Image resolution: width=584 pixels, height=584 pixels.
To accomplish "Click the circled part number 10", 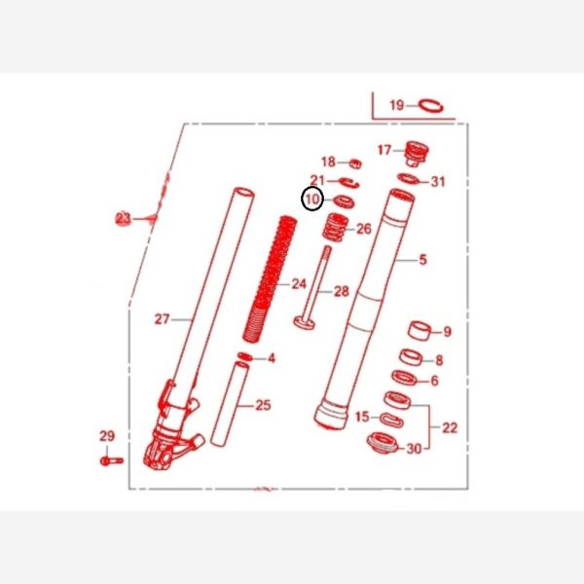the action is pos(312,200).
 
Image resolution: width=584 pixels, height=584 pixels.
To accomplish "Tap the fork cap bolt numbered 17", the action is pos(417,154).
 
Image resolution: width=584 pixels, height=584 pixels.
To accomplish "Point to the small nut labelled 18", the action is pos(355,164).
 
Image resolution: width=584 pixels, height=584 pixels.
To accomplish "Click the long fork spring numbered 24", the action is pos(270,278).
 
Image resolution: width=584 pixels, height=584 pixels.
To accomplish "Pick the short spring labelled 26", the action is pos(336,227).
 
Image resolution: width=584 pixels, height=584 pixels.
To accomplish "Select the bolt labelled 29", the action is pos(111,461).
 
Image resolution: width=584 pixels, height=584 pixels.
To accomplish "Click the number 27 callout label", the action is pos(162,319).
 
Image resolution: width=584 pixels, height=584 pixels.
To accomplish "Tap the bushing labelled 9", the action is pos(420,330).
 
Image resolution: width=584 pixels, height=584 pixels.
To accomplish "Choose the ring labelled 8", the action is pos(411,357).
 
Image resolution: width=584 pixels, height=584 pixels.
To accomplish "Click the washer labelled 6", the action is pos(404,379).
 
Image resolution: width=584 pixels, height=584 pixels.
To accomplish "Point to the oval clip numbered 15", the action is pos(391,420).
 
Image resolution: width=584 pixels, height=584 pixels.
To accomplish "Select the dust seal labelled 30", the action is pos(383,443).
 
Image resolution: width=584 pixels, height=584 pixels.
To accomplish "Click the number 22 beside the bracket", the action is pos(450,427).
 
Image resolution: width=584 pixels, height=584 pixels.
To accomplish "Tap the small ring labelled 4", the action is pos(244,356).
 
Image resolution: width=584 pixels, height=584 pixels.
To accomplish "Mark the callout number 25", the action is pos(263,405).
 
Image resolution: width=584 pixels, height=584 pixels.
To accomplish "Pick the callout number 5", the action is pos(422,260).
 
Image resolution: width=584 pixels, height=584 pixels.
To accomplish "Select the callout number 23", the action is pos(124,219).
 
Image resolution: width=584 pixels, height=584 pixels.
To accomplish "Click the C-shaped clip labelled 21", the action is pos(349,183).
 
